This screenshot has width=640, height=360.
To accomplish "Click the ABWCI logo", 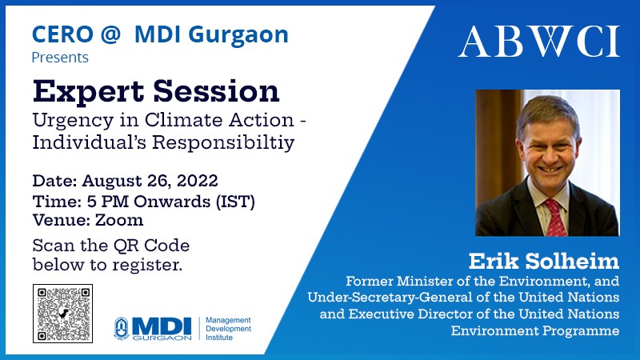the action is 538,42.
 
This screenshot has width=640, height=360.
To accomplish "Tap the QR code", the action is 63,314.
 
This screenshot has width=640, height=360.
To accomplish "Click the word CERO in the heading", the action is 63,34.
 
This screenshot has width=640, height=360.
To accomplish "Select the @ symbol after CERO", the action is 110,34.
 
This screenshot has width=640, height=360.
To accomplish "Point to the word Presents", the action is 60,58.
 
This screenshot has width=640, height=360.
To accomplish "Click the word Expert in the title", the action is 88,91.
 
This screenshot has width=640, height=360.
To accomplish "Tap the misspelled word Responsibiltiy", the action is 223,143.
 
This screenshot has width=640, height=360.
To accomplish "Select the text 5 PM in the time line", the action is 108,202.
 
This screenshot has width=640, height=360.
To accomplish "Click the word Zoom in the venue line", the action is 119,220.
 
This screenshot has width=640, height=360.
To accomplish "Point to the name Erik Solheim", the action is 544,262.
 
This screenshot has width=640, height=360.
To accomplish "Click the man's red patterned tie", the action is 555,218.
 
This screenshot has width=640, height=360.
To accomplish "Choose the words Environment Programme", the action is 535,330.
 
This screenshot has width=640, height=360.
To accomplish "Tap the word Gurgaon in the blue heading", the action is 238,35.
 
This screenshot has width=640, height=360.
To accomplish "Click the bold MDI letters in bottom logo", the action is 162,326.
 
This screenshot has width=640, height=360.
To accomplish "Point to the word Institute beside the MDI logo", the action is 219,338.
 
